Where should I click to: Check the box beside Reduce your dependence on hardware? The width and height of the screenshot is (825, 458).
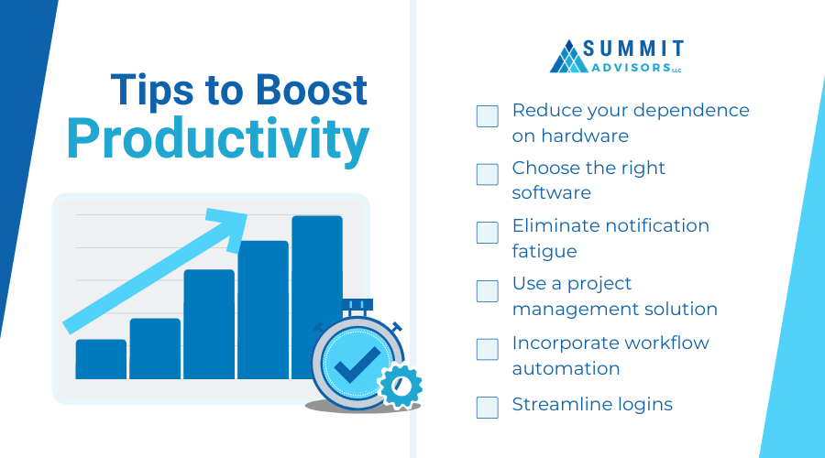point(488,116)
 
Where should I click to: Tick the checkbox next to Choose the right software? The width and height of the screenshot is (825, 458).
point(488,174)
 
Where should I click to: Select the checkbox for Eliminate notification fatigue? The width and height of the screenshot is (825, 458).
point(488,233)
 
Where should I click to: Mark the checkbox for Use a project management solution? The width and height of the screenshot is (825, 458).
point(488,290)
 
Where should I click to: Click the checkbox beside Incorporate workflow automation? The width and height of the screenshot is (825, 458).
point(488,349)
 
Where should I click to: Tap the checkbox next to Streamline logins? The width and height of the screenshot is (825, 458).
point(488,407)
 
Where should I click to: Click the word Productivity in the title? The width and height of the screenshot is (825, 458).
point(218,139)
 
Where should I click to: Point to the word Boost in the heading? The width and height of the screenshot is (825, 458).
point(311,90)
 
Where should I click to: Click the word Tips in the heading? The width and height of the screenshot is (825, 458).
point(152,91)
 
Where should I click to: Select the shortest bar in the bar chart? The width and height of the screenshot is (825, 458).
point(101,359)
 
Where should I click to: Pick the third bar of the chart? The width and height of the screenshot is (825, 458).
point(209,324)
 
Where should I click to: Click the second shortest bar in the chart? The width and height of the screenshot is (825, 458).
point(155,349)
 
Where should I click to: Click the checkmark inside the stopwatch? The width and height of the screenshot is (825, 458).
point(357,364)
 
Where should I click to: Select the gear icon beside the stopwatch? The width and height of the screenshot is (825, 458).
point(401,386)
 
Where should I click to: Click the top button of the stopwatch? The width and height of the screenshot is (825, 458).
point(357,305)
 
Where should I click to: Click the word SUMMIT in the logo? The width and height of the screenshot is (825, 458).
point(633,49)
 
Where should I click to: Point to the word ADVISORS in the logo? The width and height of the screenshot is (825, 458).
point(632,68)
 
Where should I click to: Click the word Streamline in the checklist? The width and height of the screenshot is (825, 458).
point(561,404)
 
